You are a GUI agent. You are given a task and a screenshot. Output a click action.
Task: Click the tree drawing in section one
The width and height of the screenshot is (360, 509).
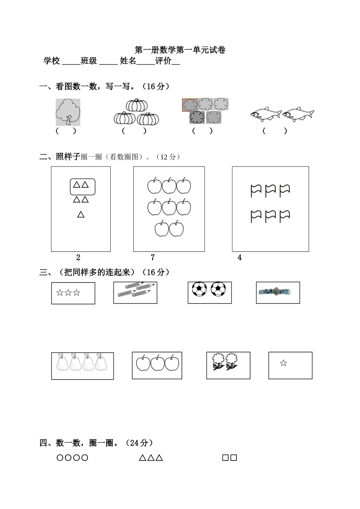[x=68, y=112]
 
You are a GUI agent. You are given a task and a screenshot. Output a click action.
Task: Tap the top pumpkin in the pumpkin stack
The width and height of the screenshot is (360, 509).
[x=136, y=105]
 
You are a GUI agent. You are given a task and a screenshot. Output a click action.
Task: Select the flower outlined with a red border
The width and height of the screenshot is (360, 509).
[x=190, y=105]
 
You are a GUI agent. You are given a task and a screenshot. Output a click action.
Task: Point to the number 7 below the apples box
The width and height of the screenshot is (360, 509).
[x=153, y=258]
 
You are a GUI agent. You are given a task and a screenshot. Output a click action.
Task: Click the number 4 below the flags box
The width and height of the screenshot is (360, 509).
[x=239, y=258]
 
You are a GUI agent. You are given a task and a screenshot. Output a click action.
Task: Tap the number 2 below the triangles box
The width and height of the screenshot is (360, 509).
[x=78, y=258]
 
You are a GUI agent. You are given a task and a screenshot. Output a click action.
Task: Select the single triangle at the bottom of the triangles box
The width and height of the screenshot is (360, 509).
[x=81, y=215]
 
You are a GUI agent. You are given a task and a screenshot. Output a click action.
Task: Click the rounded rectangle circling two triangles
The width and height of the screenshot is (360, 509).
[x=82, y=186]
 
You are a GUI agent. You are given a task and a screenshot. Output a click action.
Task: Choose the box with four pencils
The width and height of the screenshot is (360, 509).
[x=135, y=292]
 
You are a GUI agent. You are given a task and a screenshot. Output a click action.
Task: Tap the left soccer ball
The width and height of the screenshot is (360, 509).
[x=199, y=289]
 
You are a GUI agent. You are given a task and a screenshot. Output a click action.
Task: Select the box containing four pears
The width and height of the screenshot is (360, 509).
[x=83, y=366]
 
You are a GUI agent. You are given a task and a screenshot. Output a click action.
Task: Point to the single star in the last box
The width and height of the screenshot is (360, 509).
[x=283, y=363]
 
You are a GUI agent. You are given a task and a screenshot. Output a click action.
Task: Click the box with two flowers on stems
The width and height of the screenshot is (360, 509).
[x=228, y=365]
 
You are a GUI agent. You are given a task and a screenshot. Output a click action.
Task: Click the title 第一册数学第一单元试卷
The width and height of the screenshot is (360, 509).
[x=180, y=50]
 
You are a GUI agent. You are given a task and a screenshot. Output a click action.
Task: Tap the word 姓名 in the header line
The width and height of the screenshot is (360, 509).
[x=128, y=61]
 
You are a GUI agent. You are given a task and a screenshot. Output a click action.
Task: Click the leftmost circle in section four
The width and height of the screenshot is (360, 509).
[x=60, y=458]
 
